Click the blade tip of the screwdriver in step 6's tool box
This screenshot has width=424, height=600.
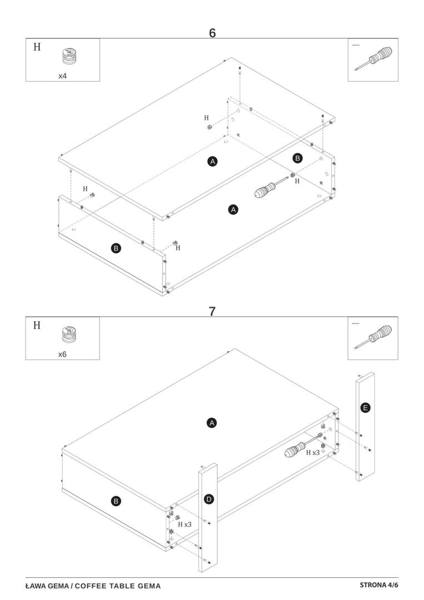tap(356, 69)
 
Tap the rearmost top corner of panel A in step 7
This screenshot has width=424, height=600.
tap(235, 348)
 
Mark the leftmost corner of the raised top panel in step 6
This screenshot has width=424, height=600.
tap(59, 158)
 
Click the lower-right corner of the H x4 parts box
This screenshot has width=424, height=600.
tap(99, 81)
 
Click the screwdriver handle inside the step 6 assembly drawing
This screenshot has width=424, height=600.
tap(265, 190)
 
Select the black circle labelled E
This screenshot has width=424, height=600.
tap(366, 408)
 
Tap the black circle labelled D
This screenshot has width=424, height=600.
tap(209, 499)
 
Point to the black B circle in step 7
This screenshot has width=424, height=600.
tap(116, 501)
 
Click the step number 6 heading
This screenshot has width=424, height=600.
tap(212, 33)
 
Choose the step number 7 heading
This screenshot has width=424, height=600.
tap(212, 312)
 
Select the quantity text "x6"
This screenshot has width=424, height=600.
tap(62, 354)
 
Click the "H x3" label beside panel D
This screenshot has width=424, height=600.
tap(184, 524)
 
